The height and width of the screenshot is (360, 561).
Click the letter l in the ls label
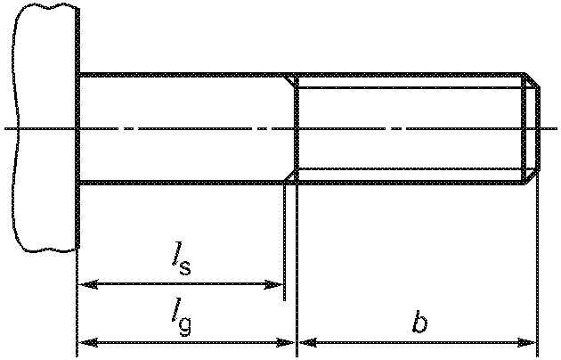178,257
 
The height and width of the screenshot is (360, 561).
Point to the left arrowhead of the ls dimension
87,285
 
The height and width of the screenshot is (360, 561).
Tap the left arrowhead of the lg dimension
87,341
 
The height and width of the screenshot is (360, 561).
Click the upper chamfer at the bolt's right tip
532,81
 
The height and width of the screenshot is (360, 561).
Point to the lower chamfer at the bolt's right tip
532,176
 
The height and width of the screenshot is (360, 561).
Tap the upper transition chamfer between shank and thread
290,81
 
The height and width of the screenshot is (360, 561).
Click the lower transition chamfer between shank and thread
290,176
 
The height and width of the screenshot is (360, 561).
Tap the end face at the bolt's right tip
537,129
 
